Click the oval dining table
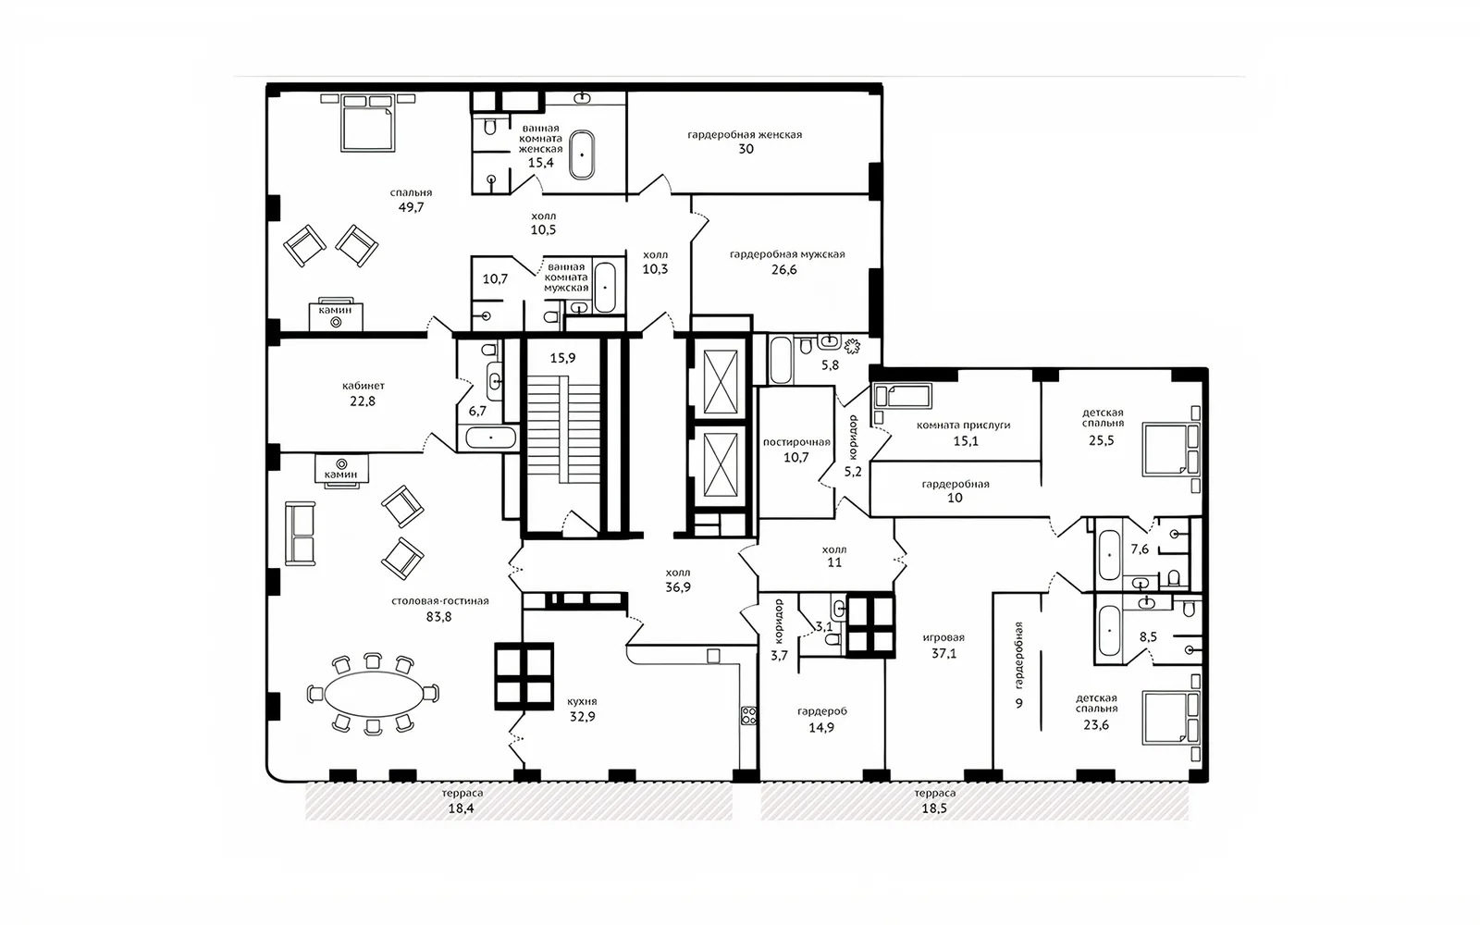tap(374, 693)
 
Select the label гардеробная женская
tap(745, 135)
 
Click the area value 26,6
tap(784, 269)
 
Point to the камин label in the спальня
tap(335, 310)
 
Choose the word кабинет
tap(364, 386)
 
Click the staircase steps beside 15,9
tap(563, 429)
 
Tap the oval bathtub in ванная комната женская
tap(582, 154)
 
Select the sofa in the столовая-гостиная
tap(300, 534)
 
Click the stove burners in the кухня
tap(748, 715)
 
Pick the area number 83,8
tap(438, 617)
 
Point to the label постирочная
tap(796, 443)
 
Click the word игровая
tap(943, 637)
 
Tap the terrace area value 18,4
tap(462, 808)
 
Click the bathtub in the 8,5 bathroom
tap(1109, 630)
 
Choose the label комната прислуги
tap(963, 425)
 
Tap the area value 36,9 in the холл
tap(678, 587)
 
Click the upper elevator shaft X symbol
tap(721, 382)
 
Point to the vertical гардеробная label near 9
tap(1018, 654)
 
